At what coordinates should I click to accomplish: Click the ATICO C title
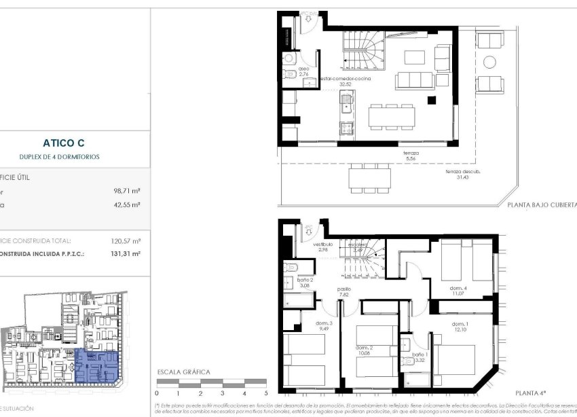coord(63,143)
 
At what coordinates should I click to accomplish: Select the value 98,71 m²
coord(127,192)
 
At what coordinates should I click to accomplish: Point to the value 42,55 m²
coord(127,204)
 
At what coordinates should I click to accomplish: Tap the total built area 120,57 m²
coord(126,240)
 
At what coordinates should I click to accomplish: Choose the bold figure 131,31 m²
coord(126,253)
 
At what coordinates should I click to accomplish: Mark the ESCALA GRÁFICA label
coord(183,372)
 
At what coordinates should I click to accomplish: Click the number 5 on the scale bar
coord(266,393)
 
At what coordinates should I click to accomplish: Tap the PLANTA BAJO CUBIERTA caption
coord(542,204)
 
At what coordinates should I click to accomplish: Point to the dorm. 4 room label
coord(460,288)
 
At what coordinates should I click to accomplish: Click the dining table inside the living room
coord(391,116)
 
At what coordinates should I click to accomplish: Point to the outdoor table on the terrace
coord(370,179)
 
